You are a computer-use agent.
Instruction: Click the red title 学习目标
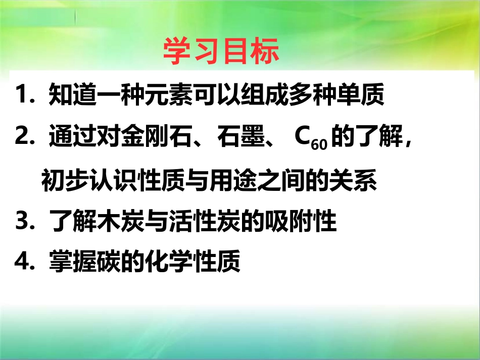[221, 51]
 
